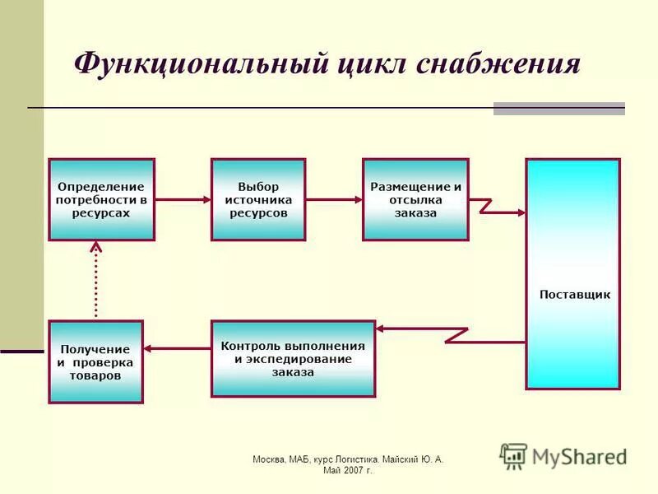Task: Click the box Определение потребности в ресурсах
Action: pyautogui.click(x=101, y=199)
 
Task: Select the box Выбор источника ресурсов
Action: pyautogui.click(x=258, y=199)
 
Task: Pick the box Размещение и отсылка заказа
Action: pyautogui.click(x=415, y=199)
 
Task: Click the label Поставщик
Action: pyautogui.click(x=574, y=295)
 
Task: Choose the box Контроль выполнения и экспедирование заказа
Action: pyautogui.click(x=293, y=358)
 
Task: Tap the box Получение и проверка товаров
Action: pyautogui.click(x=95, y=361)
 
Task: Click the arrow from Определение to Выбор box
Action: pyautogui.click(x=183, y=199)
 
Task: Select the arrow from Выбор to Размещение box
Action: pyautogui.click(x=334, y=199)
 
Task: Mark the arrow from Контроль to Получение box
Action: pyautogui.click(x=177, y=348)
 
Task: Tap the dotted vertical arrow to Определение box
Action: pyautogui.click(x=96, y=280)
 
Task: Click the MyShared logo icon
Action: pyautogui.click(x=513, y=456)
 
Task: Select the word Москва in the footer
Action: pyautogui.click(x=269, y=459)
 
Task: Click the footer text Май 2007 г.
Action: pyautogui.click(x=347, y=471)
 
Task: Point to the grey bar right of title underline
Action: pyautogui.click(x=558, y=109)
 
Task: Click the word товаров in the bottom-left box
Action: pyautogui.click(x=95, y=375)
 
